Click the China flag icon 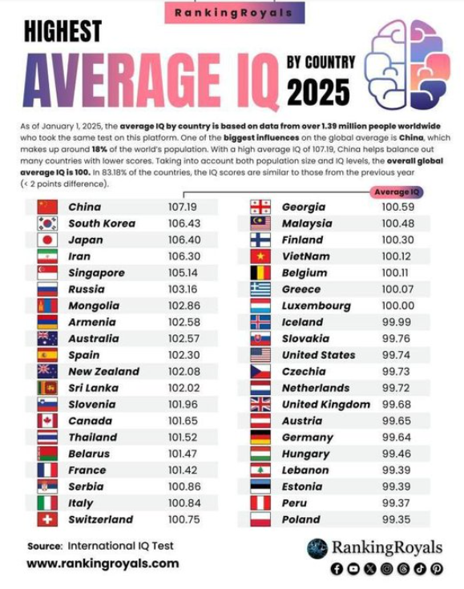47,207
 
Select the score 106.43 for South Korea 182,223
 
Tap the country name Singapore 96,272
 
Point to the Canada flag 47,421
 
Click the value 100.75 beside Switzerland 182,519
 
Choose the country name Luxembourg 316,305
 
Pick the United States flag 261,355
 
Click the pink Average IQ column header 397,192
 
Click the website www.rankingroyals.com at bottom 102,563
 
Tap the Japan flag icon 47,240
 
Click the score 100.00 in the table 397,305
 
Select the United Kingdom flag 261,404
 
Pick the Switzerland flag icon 47,519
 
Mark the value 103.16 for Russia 182,288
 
